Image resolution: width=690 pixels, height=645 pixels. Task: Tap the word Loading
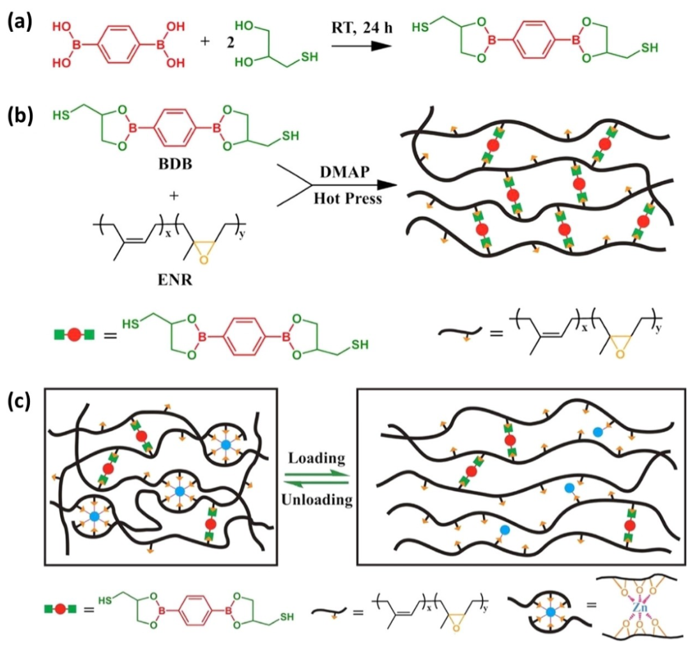click(x=318, y=458)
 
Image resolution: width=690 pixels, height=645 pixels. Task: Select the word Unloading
click(x=318, y=499)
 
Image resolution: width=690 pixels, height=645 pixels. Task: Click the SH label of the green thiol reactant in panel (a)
click(x=309, y=58)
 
